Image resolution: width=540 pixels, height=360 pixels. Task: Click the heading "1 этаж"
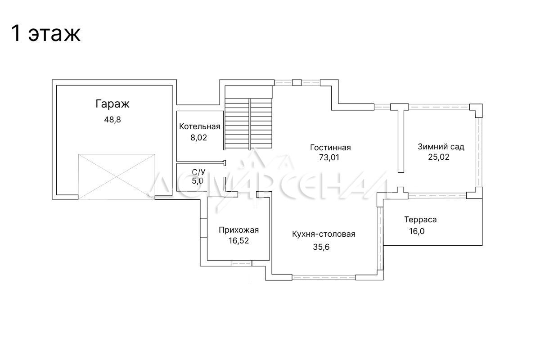pyautogui.click(x=45, y=33)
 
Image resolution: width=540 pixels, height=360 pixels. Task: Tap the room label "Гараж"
pyautogui.click(x=112, y=104)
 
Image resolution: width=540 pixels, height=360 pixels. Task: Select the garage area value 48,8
pyautogui.click(x=112, y=120)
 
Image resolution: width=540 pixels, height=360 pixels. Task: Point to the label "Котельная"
pyautogui.click(x=200, y=126)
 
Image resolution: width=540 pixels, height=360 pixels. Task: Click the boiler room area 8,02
pyautogui.click(x=199, y=138)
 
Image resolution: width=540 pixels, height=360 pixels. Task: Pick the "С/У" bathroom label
pyautogui.click(x=198, y=172)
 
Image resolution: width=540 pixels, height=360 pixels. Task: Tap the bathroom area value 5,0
pyautogui.click(x=198, y=181)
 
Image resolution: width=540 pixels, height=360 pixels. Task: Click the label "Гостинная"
pyautogui.click(x=330, y=147)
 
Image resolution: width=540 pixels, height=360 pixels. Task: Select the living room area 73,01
pyautogui.click(x=329, y=157)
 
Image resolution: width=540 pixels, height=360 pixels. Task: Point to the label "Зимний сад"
pyautogui.click(x=441, y=147)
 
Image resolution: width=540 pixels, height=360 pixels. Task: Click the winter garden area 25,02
pyautogui.click(x=439, y=157)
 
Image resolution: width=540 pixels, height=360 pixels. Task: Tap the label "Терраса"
pyautogui.click(x=420, y=220)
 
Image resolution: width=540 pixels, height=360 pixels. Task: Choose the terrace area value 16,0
pyautogui.click(x=417, y=231)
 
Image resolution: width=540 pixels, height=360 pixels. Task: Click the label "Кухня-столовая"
pyautogui.click(x=324, y=234)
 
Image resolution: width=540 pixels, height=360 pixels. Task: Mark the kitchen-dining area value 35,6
pyautogui.click(x=321, y=247)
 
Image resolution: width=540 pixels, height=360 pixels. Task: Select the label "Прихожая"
pyautogui.click(x=239, y=230)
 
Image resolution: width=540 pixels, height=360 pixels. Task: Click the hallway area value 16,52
pyautogui.click(x=239, y=241)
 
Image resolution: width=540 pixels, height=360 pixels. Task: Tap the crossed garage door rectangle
pyautogui.click(x=117, y=177)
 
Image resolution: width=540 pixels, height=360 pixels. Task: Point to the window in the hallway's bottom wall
pyautogui.click(x=241, y=263)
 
